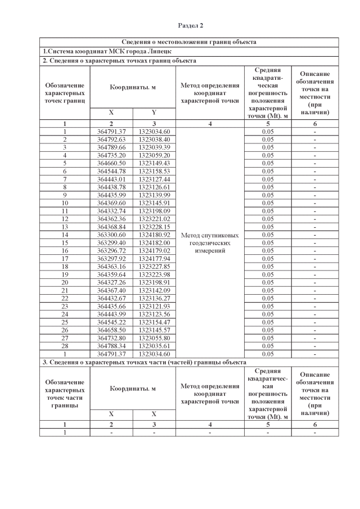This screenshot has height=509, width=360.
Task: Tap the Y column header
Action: [154, 112]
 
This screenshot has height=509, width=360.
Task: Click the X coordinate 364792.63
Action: [111, 139]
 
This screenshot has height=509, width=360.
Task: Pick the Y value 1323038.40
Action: [154, 139]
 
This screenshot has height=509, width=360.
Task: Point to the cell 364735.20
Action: [111, 155]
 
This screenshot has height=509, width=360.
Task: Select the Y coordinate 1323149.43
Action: [154, 163]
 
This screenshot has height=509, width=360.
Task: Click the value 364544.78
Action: [111, 170]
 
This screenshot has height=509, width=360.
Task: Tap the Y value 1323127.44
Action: [154, 178]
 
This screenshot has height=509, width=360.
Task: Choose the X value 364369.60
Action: [111, 202]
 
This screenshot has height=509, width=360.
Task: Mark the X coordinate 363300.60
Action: [111, 234]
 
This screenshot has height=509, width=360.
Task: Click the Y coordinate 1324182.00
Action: [154, 242]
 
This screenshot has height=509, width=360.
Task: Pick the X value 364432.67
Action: [111, 298]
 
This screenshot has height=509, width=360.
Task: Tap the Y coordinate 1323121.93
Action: [154, 305]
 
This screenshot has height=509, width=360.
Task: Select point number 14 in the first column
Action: [65, 234]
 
